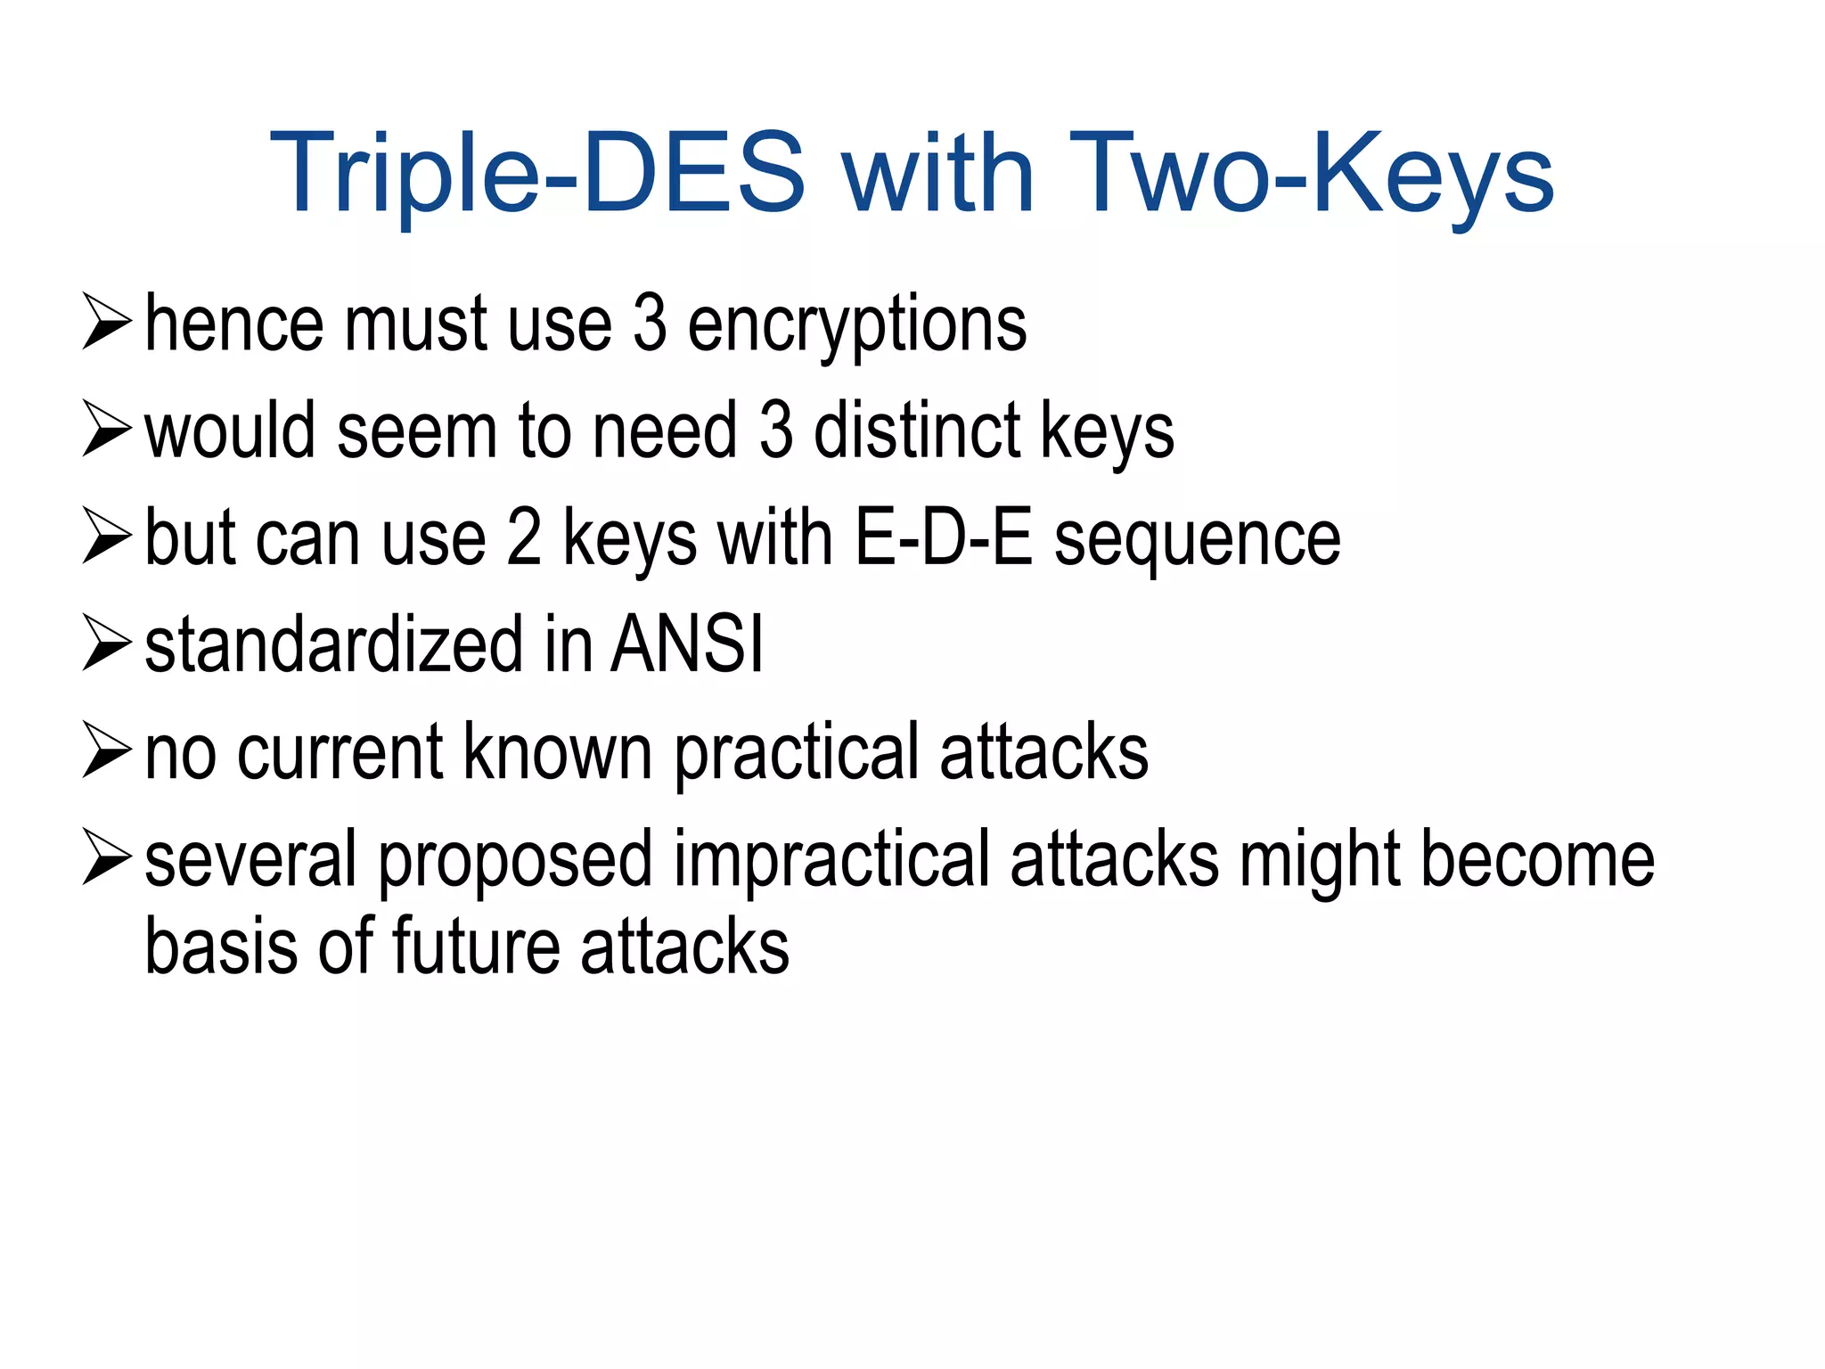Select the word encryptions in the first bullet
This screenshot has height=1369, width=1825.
[x=856, y=325]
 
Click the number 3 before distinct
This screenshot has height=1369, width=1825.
[x=776, y=431]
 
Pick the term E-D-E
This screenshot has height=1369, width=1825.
[x=943, y=538]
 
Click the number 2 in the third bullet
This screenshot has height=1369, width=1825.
[x=524, y=538]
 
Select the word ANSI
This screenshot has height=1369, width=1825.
[x=687, y=645]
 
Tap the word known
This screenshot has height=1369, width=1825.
[x=558, y=752]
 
